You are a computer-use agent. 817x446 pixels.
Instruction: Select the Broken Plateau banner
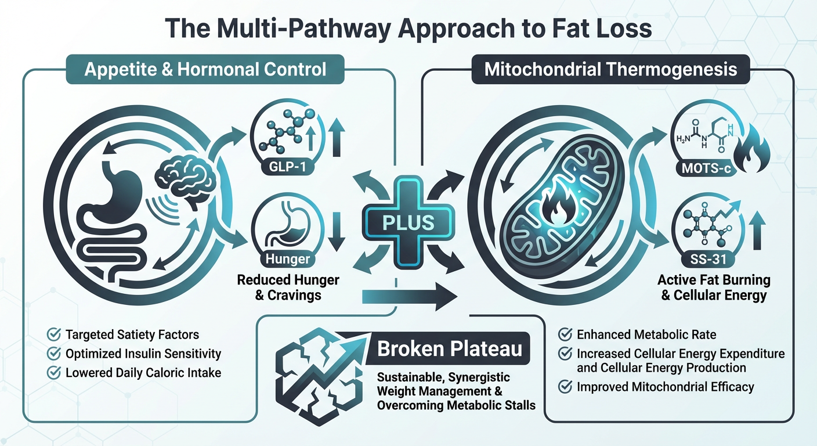pyautogui.click(x=449, y=349)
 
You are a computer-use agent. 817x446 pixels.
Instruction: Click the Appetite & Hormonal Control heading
pyautogui.click(x=205, y=70)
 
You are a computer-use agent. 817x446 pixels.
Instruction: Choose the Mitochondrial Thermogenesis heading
pyautogui.click(x=610, y=70)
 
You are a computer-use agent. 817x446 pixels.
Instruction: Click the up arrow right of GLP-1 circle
pyautogui.click(x=334, y=138)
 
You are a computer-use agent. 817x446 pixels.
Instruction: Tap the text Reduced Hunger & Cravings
pyautogui.click(x=288, y=287)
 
